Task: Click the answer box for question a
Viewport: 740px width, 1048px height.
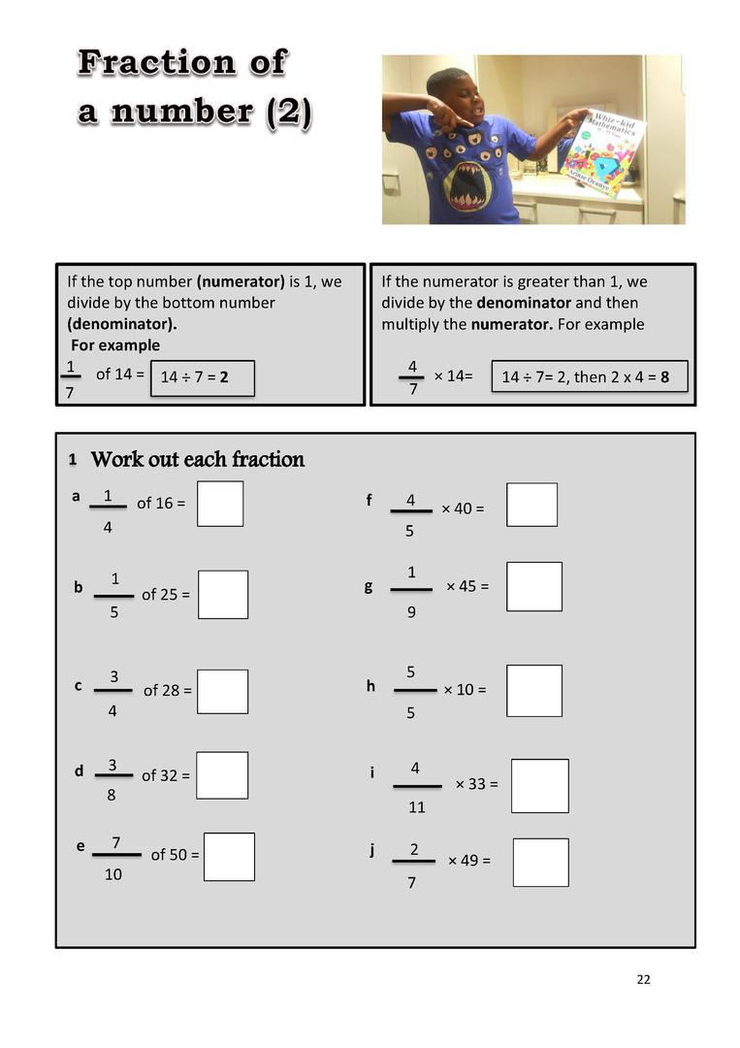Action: pos(220,504)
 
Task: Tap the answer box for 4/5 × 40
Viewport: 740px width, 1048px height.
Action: pos(531,505)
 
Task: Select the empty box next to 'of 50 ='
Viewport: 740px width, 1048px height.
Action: pos(229,857)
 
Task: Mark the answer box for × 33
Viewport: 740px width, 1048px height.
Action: pos(539,786)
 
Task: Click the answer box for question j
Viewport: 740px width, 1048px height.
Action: pos(540,863)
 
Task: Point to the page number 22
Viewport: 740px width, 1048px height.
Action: pos(644,980)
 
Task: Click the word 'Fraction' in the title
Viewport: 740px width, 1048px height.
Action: pos(181,62)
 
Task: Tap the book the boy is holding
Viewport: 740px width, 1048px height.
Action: pos(601,151)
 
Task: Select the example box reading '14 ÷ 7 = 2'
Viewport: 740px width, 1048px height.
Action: pos(203,378)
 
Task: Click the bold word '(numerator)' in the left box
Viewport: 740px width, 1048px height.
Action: pos(241,281)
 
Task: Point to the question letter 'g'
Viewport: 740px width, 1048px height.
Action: pos(369,586)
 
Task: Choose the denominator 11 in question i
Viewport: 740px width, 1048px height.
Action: pos(416,806)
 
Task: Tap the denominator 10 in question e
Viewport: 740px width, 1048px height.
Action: pos(113,874)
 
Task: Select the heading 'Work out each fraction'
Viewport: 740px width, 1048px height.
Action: pos(197,459)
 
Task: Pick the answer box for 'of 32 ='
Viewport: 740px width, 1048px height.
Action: pos(222,775)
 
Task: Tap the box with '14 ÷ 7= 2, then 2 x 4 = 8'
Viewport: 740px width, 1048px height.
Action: pos(590,377)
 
